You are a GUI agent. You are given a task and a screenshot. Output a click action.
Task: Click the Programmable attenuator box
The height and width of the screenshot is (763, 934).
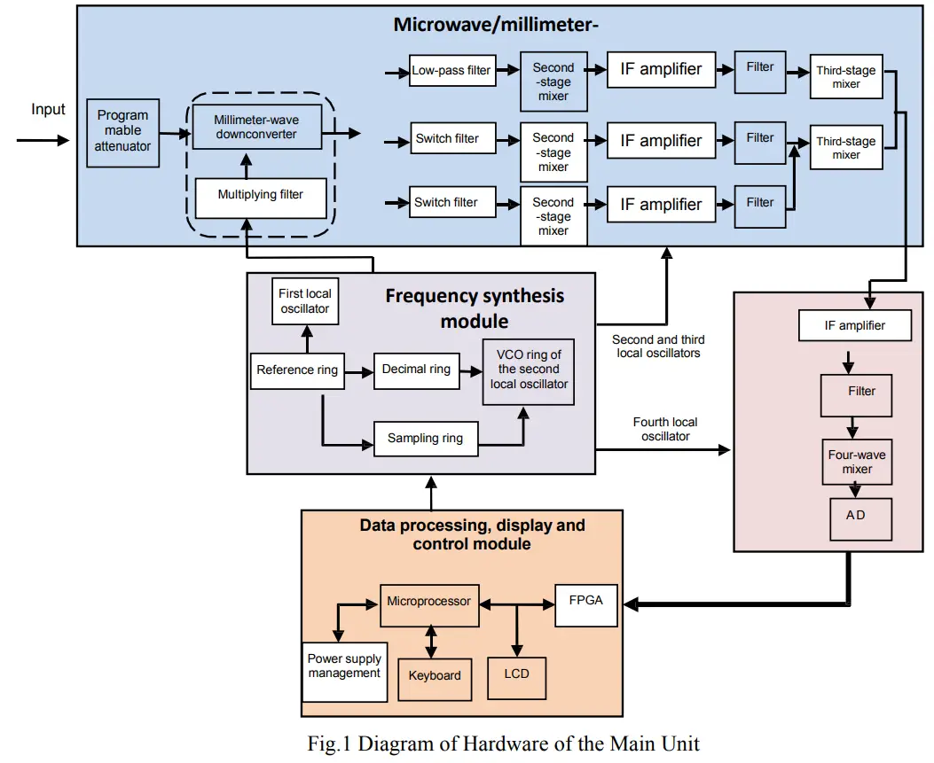(x=123, y=131)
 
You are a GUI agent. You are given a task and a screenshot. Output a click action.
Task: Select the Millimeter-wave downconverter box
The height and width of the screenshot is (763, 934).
(x=255, y=127)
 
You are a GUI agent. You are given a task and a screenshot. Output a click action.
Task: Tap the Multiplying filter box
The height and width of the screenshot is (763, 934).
(x=260, y=195)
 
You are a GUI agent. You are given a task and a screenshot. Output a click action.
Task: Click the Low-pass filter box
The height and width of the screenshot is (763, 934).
(x=451, y=70)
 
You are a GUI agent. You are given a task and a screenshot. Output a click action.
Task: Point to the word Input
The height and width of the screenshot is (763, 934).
(x=48, y=110)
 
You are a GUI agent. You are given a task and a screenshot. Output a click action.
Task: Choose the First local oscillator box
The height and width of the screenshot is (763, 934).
(x=304, y=301)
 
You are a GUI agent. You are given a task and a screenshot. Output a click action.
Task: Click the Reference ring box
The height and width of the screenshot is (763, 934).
(x=297, y=370)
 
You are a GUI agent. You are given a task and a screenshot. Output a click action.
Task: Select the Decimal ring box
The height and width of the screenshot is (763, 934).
(x=416, y=370)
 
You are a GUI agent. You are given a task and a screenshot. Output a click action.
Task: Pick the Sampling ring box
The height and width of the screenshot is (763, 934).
(x=426, y=439)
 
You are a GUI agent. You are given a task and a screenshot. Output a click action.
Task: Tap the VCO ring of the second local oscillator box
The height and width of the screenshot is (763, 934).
(x=529, y=370)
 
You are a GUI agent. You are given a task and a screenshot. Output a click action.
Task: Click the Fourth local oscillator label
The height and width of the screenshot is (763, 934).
(x=665, y=429)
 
